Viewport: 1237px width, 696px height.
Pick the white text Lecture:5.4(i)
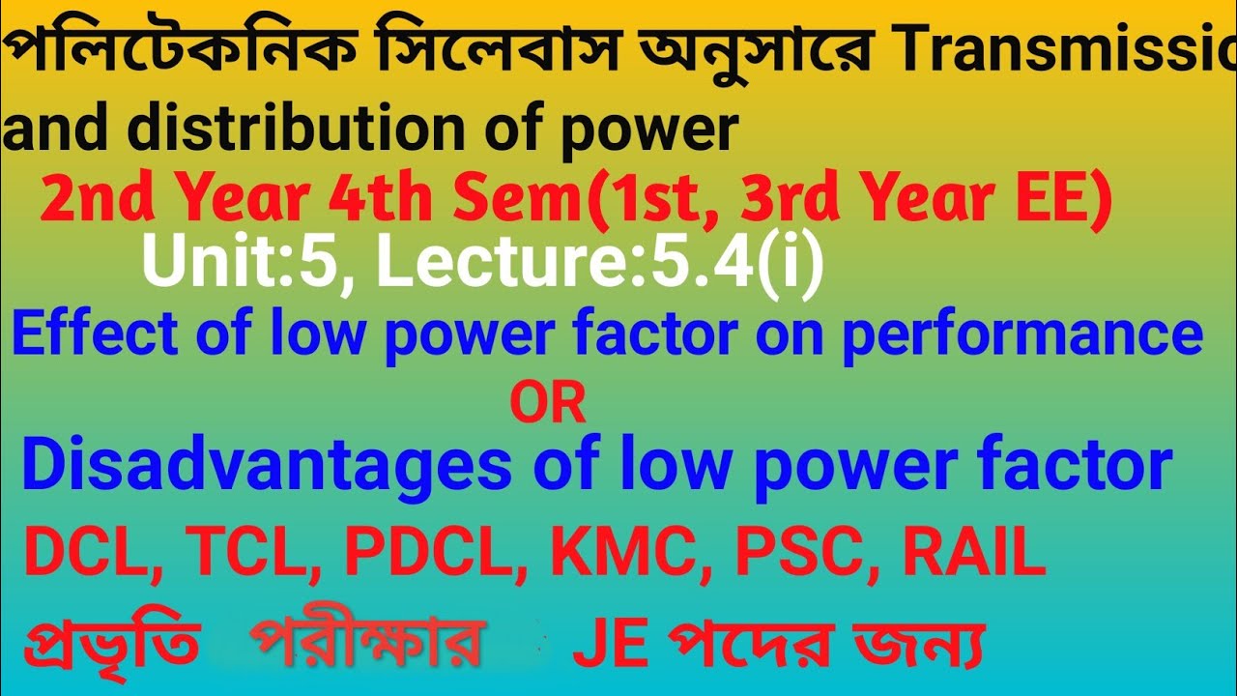pos(599,264)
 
